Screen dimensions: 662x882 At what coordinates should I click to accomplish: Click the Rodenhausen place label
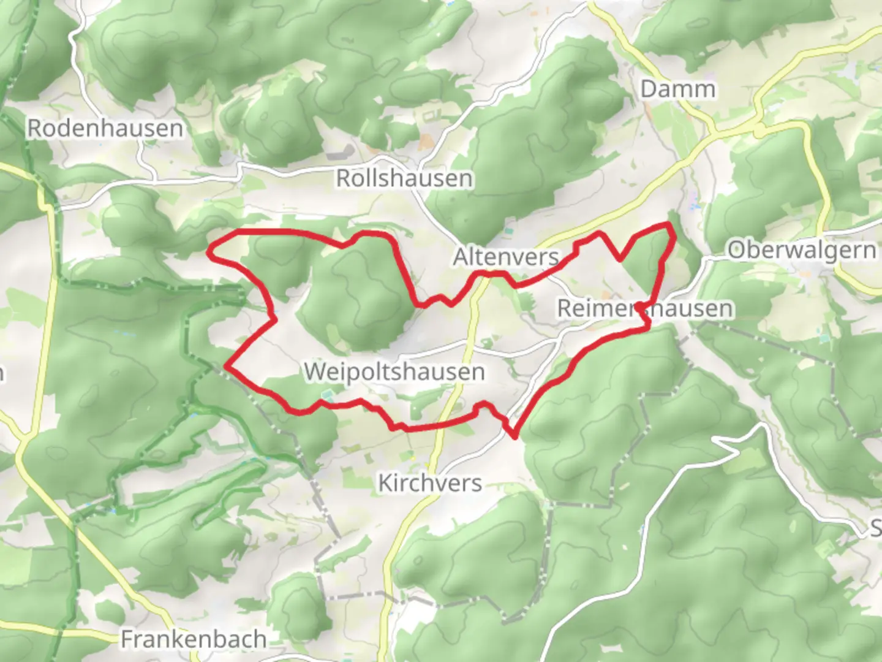pos(105,128)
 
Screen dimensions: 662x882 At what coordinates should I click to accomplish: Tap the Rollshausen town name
pos(404,178)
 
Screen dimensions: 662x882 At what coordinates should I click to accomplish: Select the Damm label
pos(677,89)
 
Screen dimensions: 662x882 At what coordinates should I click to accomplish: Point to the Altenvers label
pos(506,257)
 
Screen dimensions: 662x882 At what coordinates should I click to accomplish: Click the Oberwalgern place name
pos(802,250)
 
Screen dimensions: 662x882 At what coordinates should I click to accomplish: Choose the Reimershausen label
pos(645,308)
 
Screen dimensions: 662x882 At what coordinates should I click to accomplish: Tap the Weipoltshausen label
pos(394,371)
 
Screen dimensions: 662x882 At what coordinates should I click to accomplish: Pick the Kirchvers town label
pos(430,483)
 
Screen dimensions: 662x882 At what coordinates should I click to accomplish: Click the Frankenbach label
pos(194,639)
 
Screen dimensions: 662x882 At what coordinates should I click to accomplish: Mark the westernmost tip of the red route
pos(210,250)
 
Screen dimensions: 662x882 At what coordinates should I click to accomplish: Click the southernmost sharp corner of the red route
pos(514,436)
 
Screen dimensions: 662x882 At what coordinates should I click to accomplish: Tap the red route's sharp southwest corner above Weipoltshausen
pos(227,366)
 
